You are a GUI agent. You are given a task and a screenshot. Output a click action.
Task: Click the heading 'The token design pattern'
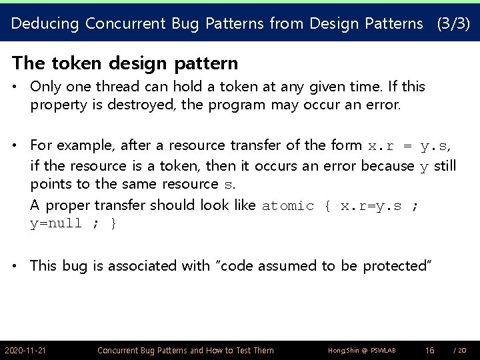click(125, 63)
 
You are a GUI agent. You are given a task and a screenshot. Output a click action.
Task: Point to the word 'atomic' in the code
click(288, 205)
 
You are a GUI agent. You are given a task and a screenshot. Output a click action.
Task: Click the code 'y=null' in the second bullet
click(56, 223)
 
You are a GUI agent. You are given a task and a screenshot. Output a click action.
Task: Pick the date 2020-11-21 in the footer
click(25, 350)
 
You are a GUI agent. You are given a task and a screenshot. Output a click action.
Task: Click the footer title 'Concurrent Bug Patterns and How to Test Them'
click(185, 350)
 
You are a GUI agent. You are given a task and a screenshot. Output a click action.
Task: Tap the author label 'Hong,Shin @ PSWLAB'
click(353, 350)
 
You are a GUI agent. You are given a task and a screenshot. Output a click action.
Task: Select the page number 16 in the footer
click(430, 350)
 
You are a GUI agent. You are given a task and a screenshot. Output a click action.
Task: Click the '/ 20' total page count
click(459, 350)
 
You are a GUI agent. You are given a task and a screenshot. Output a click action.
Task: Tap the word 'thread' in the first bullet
click(110, 87)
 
